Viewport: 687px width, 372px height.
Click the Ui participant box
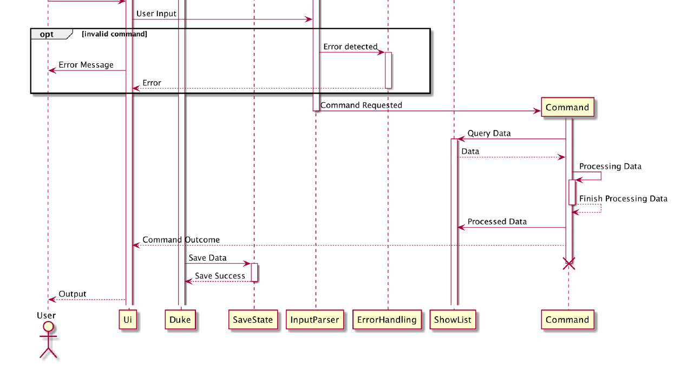[128, 320]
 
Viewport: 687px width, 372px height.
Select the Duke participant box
[180, 320]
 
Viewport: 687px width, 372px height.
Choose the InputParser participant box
[315, 320]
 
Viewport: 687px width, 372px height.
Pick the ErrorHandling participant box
[387, 320]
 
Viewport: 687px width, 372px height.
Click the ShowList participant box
[453, 320]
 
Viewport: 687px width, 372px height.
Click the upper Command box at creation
[567, 107]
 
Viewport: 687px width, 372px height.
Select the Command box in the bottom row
[567, 320]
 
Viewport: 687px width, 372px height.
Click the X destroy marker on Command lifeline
[568, 263]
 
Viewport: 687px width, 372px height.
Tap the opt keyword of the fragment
[47, 34]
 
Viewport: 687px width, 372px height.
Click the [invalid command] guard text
[114, 34]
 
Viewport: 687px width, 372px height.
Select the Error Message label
[86, 65]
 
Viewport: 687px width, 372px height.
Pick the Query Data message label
[489, 133]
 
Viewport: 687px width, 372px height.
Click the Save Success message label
[220, 276]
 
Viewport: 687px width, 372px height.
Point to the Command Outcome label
[181, 240]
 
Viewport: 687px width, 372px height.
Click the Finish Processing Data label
[623, 198]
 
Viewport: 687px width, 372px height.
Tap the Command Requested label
[361, 105]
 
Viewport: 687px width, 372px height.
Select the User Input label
[156, 14]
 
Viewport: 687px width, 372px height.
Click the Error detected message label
[350, 46]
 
